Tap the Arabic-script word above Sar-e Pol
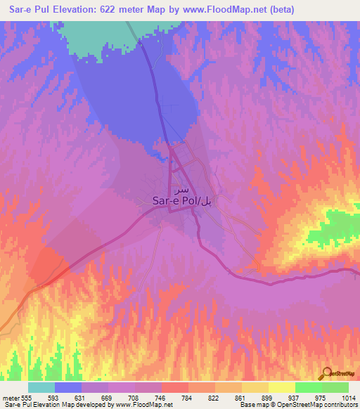point(181,190)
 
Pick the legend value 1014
point(347,398)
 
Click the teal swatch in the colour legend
point(41,387)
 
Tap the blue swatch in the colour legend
point(68,387)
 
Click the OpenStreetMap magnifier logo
point(327,372)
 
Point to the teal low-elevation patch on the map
point(98,34)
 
